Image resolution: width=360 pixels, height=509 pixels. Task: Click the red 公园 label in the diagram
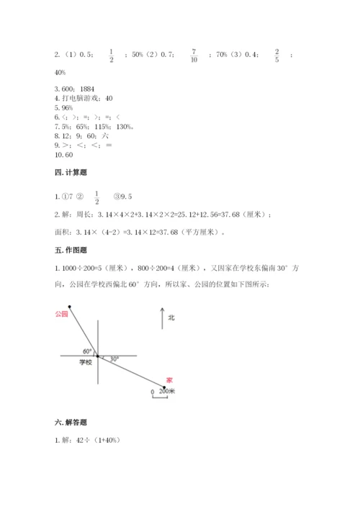[61, 314]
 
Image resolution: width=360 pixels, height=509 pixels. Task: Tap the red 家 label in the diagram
[169, 379]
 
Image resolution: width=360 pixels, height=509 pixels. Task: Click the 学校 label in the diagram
[86, 363]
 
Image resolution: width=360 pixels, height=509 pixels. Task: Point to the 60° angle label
[87, 351]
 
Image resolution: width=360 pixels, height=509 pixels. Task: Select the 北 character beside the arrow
[171, 317]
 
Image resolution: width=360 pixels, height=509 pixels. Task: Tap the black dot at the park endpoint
[70, 306]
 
